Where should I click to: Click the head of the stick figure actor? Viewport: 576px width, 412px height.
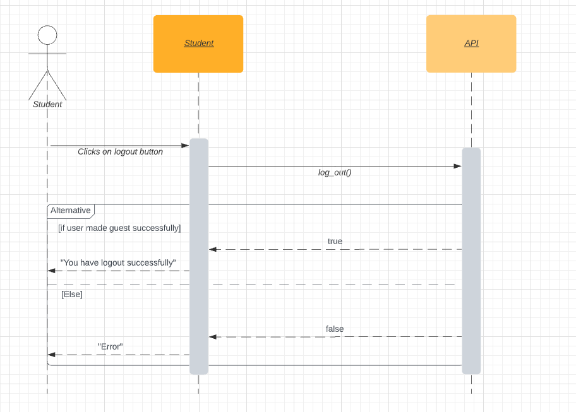(47, 35)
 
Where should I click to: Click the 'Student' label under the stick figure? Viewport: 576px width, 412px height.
(47, 104)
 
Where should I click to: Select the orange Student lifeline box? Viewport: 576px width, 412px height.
(198, 44)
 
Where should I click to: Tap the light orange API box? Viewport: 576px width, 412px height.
(471, 44)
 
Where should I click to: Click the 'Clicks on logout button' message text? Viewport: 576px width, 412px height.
(120, 152)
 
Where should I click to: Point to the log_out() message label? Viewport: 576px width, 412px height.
(335, 172)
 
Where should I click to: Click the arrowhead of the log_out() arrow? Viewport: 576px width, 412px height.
(458, 166)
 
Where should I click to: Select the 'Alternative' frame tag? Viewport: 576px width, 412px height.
(70, 211)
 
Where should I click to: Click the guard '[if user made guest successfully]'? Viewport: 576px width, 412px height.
(119, 228)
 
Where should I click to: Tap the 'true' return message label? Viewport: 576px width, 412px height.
(335, 242)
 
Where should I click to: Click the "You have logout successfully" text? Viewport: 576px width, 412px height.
(118, 262)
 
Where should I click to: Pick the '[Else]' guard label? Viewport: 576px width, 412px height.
(72, 294)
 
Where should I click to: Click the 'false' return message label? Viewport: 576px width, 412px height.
(335, 329)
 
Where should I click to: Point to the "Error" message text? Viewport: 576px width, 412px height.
(110, 346)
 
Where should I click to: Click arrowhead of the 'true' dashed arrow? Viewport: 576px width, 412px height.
(213, 249)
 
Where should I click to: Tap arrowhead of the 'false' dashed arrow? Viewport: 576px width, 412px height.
(213, 337)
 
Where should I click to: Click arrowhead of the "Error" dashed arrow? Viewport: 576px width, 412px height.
(52, 355)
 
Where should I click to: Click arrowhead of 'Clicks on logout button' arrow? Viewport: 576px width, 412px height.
(186, 146)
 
